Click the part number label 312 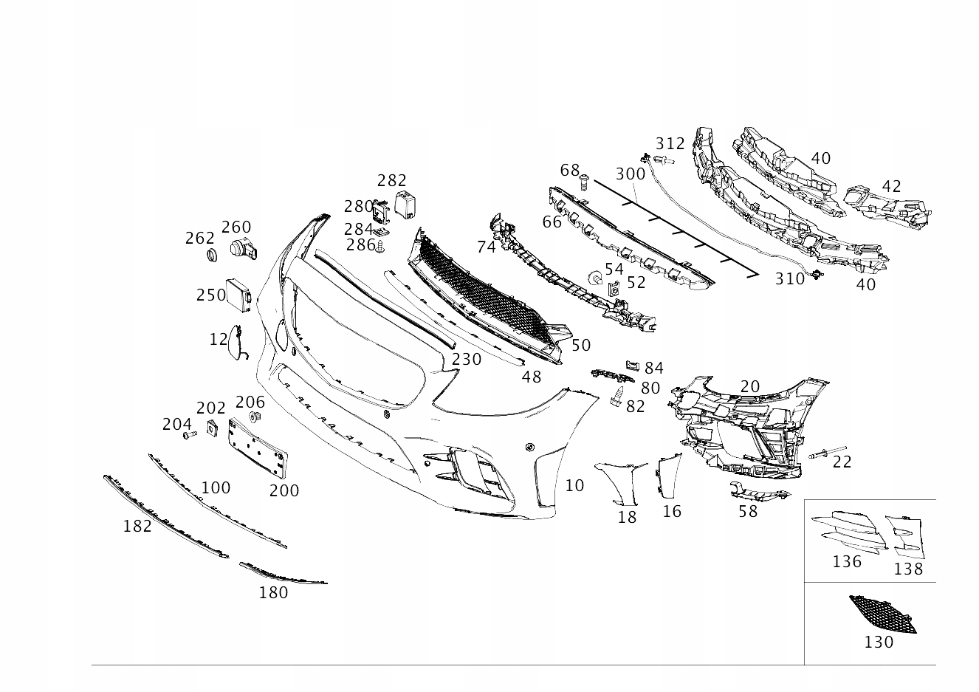(670, 143)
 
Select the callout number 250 (210, 295)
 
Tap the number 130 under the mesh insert (879, 642)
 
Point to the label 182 (137, 527)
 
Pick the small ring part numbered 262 (212, 255)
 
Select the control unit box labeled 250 (238, 295)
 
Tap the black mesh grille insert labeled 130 (883, 614)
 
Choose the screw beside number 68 (584, 182)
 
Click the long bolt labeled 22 (827, 452)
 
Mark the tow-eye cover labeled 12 (236, 343)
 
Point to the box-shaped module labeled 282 (405, 204)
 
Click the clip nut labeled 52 (614, 287)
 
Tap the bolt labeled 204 (190, 434)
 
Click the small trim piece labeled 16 (667, 476)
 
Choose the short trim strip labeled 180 (282, 574)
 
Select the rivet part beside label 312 (663, 160)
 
